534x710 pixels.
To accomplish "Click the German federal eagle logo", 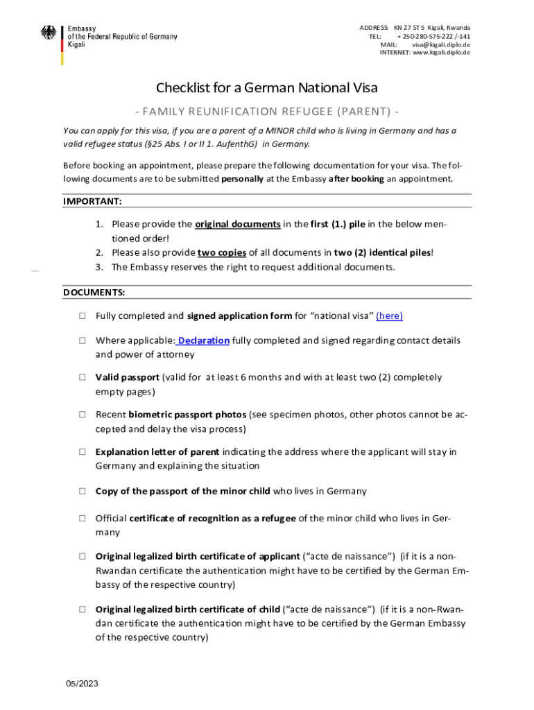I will point(49,33).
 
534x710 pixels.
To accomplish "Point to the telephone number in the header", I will point(433,36).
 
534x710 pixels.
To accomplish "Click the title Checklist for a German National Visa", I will point(267,88).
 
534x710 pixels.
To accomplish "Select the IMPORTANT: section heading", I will point(93,201).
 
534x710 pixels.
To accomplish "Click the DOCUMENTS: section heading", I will point(94,293).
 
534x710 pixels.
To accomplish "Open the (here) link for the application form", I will point(389,316).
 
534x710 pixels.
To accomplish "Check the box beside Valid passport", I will point(82,378).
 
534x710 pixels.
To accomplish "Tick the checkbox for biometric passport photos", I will point(82,415).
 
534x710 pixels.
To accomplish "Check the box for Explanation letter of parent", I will point(82,452).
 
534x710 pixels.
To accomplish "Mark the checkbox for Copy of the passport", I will point(82,492).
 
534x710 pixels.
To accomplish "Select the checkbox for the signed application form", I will point(82,316).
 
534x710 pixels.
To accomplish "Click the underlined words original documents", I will point(238,225).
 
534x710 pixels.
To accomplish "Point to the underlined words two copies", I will point(222,252).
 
